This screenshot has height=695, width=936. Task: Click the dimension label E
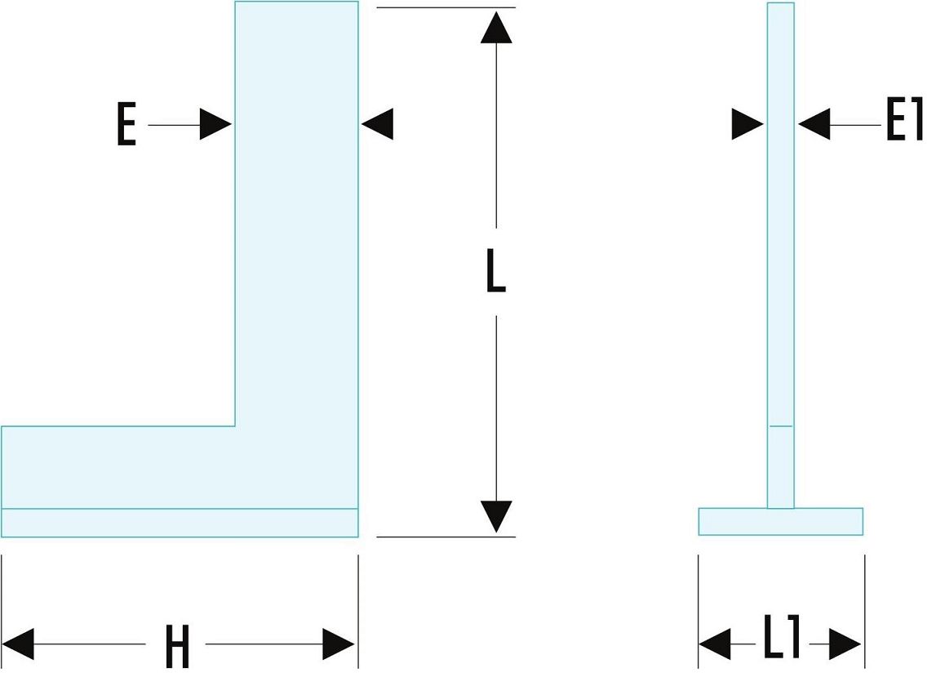[126, 126]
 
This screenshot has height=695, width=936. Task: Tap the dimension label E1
[903, 124]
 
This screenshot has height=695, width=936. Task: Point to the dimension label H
[176, 647]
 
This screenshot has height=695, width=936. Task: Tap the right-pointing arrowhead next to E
[216, 124]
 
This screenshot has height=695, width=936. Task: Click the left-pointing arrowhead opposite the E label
[377, 124]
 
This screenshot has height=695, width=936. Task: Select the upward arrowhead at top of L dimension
[496, 26]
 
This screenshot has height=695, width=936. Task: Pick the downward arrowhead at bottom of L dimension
[496, 516]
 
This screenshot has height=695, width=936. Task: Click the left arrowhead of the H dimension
[18, 644]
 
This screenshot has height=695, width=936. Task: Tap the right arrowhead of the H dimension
[339, 644]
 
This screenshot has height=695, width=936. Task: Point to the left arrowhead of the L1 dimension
[715, 644]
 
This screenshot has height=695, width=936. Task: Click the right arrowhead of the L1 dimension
[846, 644]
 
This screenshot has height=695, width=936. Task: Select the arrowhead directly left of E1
[814, 124]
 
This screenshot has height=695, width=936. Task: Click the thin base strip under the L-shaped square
[180, 523]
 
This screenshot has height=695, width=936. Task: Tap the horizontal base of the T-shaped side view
[780, 522]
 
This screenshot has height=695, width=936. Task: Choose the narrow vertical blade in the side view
[780, 245]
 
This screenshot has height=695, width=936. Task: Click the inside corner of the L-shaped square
[235, 426]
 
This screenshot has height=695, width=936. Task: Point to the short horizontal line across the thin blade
[780, 426]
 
